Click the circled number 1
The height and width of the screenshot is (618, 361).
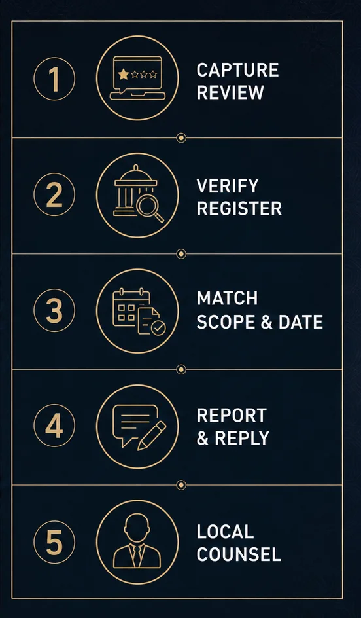(54, 79)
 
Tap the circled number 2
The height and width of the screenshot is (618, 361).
(54, 194)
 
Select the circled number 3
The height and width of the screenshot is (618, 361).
(54, 310)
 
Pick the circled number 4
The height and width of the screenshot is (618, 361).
(54, 426)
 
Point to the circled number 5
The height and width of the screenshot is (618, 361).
(54, 542)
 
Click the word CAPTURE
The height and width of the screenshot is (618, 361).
(238, 71)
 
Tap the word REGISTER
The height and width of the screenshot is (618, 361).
(239, 208)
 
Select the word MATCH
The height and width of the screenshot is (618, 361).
(227, 299)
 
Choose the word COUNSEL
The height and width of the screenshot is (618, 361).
(239, 554)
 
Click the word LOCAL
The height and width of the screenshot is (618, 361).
(225, 532)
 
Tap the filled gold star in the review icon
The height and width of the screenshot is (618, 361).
(124, 74)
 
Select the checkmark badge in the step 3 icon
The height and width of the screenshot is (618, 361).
(159, 327)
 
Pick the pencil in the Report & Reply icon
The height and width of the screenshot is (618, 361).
(152, 435)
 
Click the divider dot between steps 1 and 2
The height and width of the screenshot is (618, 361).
(181, 138)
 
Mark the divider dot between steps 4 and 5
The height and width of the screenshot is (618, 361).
(181, 485)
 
